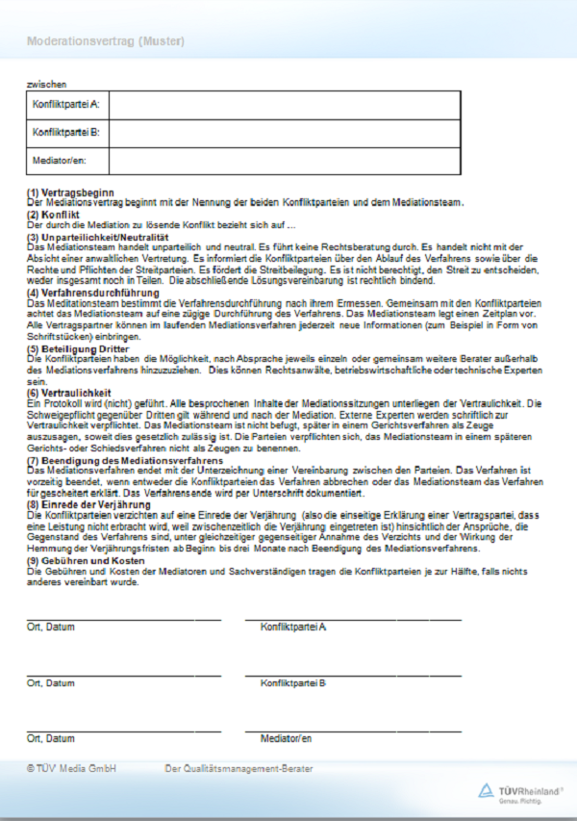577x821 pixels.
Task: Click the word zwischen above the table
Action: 46,85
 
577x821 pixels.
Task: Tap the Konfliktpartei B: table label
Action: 66,132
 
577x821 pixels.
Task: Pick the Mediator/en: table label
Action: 60,160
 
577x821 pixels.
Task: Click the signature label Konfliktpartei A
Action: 292,627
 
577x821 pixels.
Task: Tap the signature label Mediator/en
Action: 286,738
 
